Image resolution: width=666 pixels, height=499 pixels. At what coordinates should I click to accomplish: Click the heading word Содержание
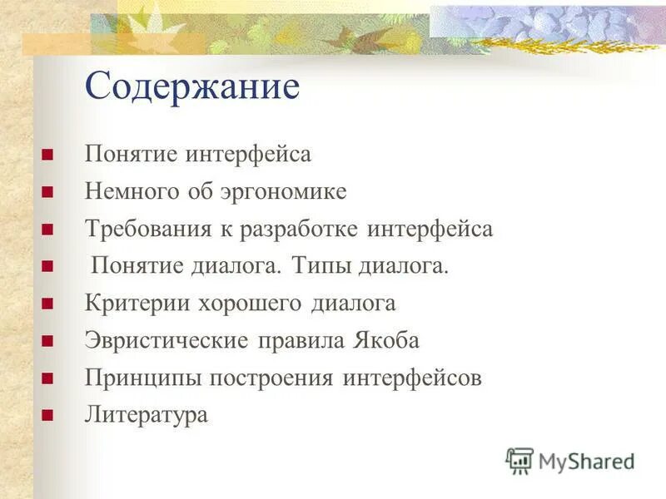click(x=191, y=87)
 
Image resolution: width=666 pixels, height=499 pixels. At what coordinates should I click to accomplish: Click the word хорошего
click(x=250, y=304)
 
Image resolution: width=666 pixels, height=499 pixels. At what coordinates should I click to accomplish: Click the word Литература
click(x=146, y=415)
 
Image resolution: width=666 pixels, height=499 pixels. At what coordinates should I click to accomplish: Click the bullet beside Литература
click(x=47, y=415)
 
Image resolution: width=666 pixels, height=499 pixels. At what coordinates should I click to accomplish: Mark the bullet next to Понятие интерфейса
click(x=47, y=155)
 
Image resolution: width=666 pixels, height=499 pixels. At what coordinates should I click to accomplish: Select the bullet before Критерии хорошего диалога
click(x=47, y=304)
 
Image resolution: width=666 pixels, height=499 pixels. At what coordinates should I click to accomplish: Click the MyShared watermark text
click(x=586, y=460)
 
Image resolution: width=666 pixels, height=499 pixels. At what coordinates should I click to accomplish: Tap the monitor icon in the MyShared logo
click(x=519, y=460)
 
